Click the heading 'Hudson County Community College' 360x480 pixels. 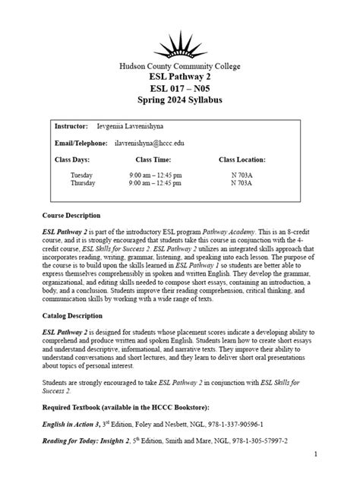[x=180, y=66]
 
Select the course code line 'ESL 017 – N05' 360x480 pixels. [x=180, y=89]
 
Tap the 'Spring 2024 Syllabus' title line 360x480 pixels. [x=180, y=101]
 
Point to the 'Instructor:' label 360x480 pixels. [x=72, y=125]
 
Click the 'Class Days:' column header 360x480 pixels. [x=73, y=160]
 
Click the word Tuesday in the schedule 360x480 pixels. [x=81, y=175]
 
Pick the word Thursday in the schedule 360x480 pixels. [x=83, y=183]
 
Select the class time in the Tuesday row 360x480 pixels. [x=155, y=175]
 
